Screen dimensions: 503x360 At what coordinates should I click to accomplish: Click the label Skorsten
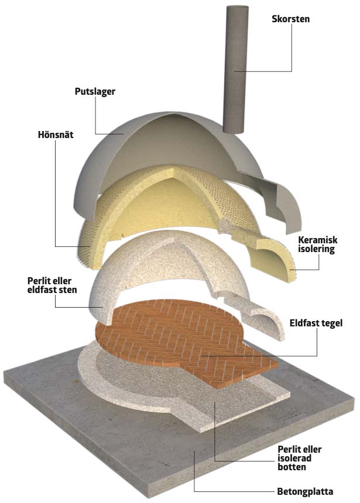290,19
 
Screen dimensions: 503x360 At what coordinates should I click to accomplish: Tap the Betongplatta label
304,492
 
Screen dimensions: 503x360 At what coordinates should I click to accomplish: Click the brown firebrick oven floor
176,333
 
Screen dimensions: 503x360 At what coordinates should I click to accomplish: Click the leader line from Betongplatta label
234,491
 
